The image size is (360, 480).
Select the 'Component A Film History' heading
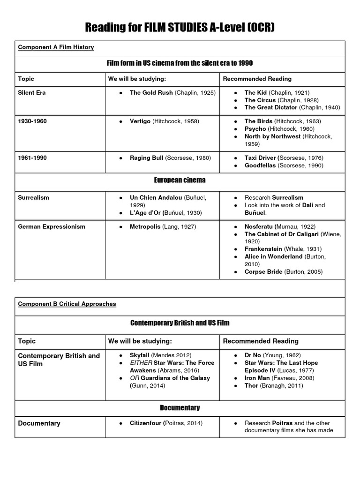point(56,47)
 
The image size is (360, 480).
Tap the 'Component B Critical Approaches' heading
point(67,304)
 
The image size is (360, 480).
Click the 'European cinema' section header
point(180,180)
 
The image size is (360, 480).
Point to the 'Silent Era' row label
point(31,93)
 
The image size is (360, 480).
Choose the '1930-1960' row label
point(32,121)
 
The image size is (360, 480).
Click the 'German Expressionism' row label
point(52,227)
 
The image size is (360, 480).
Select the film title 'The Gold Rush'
point(151,93)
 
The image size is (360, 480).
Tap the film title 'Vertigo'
point(140,121)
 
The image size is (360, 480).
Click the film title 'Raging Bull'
point(146,158)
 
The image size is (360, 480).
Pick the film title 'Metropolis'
point(145,227)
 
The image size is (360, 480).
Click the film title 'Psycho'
point(255,129)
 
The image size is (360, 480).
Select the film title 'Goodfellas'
point(261,165)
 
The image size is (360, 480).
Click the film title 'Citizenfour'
point(145,423)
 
